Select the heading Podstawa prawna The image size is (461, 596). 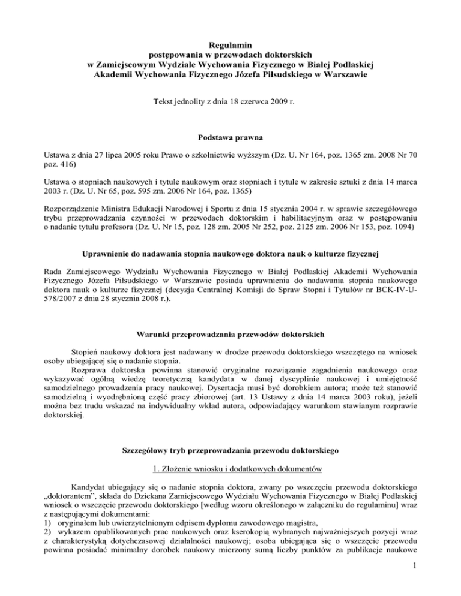coord(230,128)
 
